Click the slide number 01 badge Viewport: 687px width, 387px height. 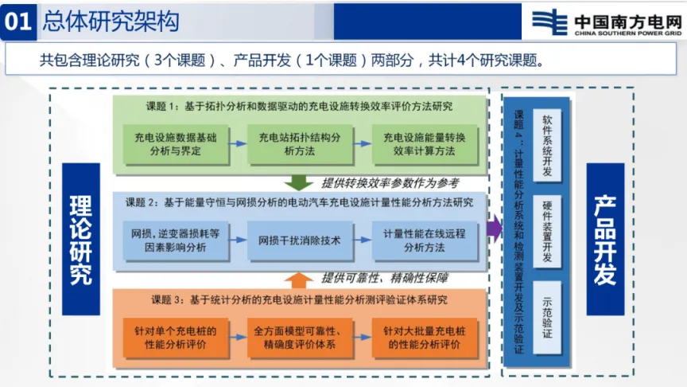(17, 21)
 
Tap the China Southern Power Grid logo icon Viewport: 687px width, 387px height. (548, 21)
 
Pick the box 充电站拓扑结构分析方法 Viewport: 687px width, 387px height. (297, 143)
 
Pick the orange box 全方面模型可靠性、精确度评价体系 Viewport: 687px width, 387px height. (297, 337)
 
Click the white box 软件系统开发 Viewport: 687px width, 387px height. (547, 136)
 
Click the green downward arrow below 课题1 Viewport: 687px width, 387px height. (300, 182)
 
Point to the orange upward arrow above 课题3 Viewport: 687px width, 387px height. (300, 279)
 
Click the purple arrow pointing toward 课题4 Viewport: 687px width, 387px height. (494, 229)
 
